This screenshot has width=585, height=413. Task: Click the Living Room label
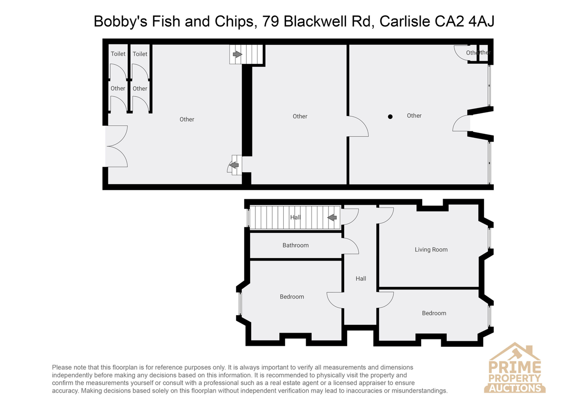[x=431, y=250]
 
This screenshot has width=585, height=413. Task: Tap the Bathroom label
[x=295, y=245]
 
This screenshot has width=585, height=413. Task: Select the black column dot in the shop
[x=390, y=116]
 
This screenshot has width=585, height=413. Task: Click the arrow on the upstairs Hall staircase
[x=332, y=217]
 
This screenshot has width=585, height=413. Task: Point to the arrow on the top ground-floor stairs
[x=237, y=54]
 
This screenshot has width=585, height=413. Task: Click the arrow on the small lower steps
[x=234, y=165]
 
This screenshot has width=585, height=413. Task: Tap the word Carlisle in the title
[x=405, y=21]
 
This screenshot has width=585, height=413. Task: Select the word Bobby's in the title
[x=121, y=21]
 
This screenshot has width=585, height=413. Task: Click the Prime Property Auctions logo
[x=514, y=369]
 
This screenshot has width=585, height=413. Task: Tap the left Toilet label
[x=118, y=54]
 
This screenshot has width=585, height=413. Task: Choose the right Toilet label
[x=140, y=54]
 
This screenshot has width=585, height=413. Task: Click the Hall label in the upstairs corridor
[x=361, y=279]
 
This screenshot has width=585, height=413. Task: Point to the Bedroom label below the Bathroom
[x=292, y=297]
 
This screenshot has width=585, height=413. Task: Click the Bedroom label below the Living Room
[x=434, y=313]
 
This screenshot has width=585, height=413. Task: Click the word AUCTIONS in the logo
[x=515, y=388]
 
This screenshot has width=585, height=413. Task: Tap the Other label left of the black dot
[x=300, y=116]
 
